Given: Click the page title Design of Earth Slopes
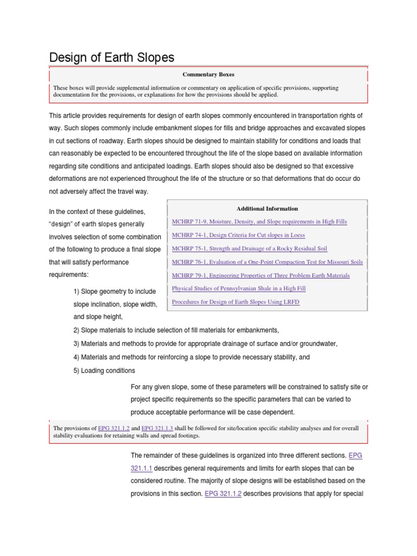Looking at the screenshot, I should point(112,58).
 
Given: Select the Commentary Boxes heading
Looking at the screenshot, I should point(208,74).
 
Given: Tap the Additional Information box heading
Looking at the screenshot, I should point(267,208).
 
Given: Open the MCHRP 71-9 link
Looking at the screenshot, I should point(259,222).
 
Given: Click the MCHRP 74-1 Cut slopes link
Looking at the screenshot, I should point(238,235).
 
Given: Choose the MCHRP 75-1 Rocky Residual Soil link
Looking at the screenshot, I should point(249,249).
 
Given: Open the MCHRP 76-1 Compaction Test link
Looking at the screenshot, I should point(267,262).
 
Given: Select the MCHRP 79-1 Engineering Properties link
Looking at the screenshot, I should point(261,275).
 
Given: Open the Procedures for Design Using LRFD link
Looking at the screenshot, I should point(235,302).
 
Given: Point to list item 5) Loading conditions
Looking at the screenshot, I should point(104,371).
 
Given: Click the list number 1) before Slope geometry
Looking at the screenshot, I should point(77,292).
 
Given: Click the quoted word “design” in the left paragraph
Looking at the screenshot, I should point(61,224).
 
